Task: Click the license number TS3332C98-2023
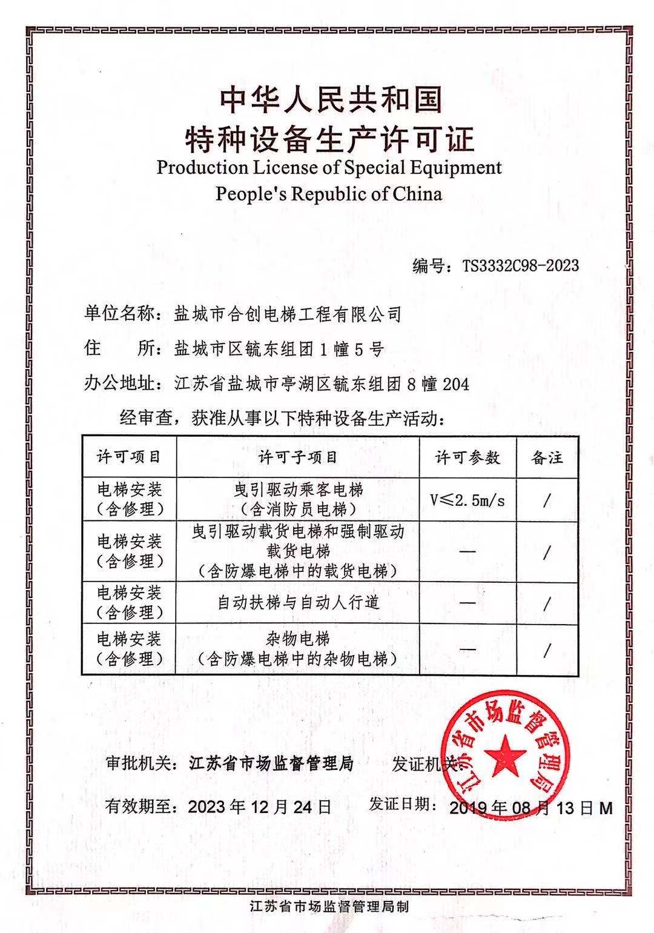[x=521, y=265]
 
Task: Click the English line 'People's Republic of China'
[x=329, y=194]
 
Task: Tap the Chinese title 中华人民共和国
[x=330, y=100]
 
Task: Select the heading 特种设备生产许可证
[x=329, y=139]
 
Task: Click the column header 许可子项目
[x=297, y=457]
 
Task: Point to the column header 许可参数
[x=467, y=457]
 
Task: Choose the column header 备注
[x=547, y=457]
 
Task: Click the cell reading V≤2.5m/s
[x=467, y=500]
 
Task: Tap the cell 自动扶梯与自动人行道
[x=298, y=602]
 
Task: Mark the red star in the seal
[x=506, y=755]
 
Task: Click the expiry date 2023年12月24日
[x=260, y=806]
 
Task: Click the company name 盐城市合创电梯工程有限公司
[x=288, y=314]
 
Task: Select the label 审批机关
[x=133, y=763]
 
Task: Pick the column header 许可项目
[x=129, y=457]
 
